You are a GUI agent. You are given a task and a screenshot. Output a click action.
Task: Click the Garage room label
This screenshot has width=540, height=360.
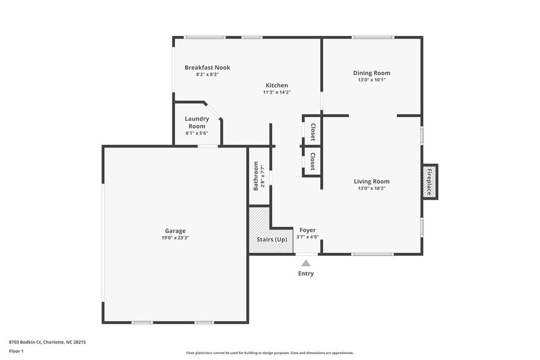pyautogui.click(x=174, y=231)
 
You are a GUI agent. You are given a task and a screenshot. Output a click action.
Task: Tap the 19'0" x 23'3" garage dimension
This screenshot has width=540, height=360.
pyautogui.click(x=174, y=238)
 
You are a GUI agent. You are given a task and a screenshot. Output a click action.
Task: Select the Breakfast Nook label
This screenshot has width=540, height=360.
pyautogui.click(x=208, y=67)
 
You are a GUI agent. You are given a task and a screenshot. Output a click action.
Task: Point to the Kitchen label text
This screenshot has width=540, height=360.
pyautogui.click(x=277, y=85)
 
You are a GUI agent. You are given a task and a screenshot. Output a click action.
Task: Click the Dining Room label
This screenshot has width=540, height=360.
pyautogui.click(x=372, y=73)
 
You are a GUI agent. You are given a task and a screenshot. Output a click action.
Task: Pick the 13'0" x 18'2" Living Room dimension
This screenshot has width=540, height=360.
pyautogui.click(x=372, y=188)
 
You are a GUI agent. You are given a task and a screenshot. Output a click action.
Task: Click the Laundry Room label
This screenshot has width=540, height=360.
pyautogui.click(x=197, y=122)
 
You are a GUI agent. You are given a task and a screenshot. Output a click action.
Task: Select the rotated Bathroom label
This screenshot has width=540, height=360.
pyautogui.click(x=256, y=176)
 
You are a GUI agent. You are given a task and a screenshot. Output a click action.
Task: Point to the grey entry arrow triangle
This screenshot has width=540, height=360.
pyautogui.click(x=306, y=263)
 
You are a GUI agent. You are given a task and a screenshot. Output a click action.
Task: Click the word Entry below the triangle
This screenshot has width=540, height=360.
pyautogui.click(x=306, y=274)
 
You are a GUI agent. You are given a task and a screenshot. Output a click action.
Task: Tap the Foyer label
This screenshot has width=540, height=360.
pyautogui.click(x=307, y=230)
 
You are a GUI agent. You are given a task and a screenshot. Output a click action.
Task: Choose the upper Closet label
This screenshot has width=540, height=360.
pyautogui.click(x=312, y=132)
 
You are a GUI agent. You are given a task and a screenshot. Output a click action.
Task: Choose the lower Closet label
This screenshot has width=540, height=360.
pyautogui.click(x=312, y=162)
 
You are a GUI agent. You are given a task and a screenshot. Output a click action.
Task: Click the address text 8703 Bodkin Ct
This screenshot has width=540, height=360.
pyautogui.click(x=47, y=342)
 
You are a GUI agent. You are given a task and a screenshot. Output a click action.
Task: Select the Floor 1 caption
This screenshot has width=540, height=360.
pyautogui.click(x=16, y=351)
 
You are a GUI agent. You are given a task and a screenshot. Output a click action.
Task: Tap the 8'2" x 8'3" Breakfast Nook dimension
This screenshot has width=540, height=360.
pyautogui.click(x=208, y=74)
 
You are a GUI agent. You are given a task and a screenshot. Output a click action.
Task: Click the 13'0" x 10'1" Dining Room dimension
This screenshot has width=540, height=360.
pyautogui.click(x=372, y=80)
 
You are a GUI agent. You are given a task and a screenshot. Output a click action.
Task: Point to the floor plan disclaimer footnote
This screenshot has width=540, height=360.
pyautogui.click(x=269, y=353)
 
